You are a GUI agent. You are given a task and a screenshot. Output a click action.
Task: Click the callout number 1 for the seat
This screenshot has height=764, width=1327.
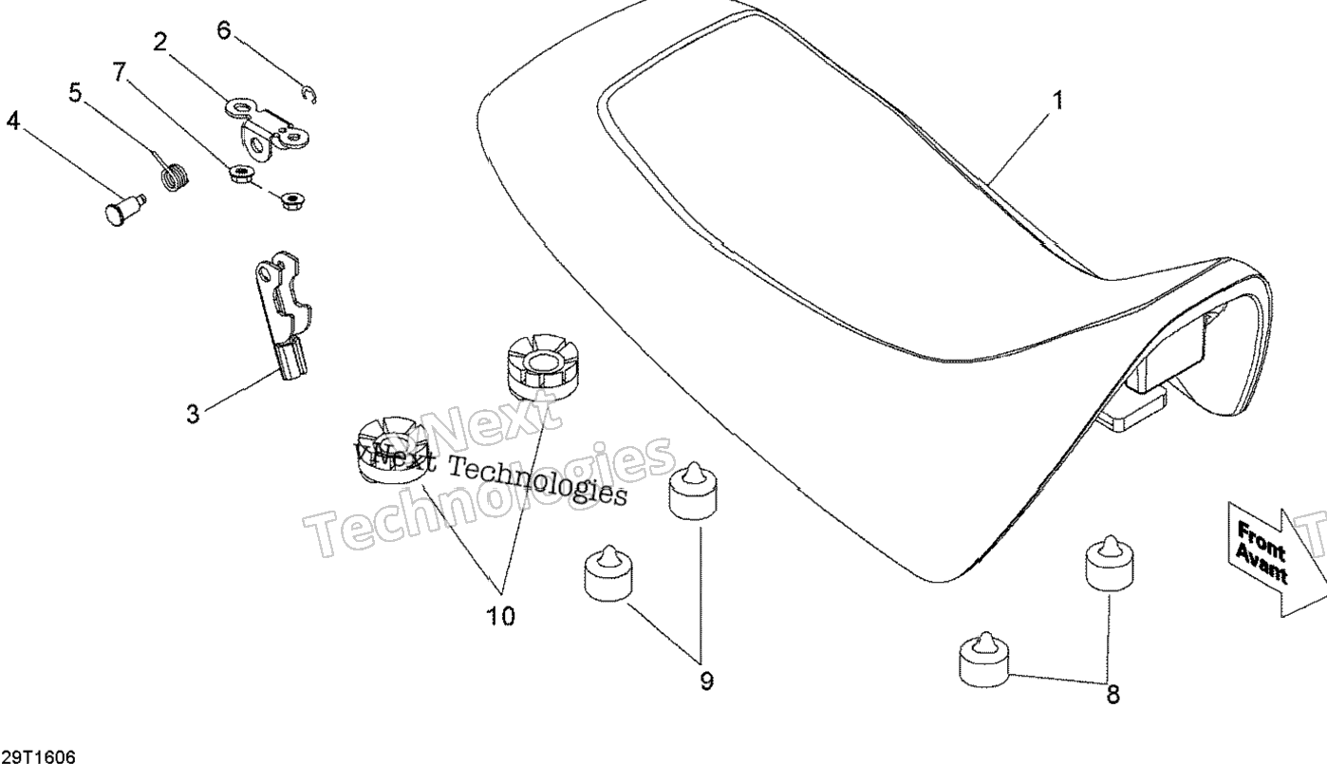click(x=1057, y=100)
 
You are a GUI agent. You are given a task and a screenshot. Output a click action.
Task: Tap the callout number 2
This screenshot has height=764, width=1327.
click(x=160, y=41)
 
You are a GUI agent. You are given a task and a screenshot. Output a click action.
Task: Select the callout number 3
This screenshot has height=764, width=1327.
click(x=194, y=415)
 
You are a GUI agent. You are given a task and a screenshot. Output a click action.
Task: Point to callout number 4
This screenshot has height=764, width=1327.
click(x=13, y=121)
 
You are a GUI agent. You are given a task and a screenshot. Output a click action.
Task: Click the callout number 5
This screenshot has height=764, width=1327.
click(x=75, y=92)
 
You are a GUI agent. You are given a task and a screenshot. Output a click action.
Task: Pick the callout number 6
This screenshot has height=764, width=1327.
click(x=224, y=29)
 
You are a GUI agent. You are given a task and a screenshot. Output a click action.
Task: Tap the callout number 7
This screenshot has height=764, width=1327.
click(x=119, y=71)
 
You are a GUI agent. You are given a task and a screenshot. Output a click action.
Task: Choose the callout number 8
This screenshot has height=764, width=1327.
click(x=1112, y=694)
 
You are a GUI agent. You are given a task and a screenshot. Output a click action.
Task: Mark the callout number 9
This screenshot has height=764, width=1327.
click(x=706, y=680)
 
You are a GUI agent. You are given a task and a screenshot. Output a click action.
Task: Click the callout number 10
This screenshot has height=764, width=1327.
click(x=501, y=617)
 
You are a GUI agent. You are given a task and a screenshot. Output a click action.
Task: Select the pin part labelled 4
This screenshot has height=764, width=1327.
click(x=121, y=208)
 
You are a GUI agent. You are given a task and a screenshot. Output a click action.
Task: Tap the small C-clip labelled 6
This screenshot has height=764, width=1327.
click(x=310, y=93)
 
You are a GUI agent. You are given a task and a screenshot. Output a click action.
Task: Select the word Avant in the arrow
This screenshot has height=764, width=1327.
click(x=1260, y=565)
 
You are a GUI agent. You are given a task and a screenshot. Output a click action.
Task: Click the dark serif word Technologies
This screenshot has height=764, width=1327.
click(x=537, y=480)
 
